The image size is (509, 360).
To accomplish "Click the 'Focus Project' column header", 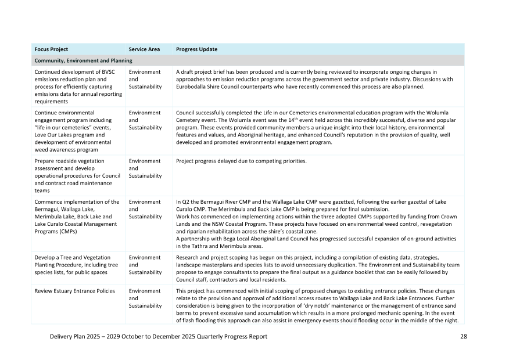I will coord(51,49).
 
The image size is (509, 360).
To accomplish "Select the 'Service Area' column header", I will coord(144,49).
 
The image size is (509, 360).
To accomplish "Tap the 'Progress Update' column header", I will coord(197,49).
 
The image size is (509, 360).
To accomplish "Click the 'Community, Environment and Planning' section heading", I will coord(83,60).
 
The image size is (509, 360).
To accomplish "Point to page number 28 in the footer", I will coord(463,336).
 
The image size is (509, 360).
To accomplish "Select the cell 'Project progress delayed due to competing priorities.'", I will coord(241,161).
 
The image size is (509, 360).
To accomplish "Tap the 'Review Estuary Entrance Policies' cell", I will coord(75,291).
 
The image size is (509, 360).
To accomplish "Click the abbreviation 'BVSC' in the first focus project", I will coord(106,71).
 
